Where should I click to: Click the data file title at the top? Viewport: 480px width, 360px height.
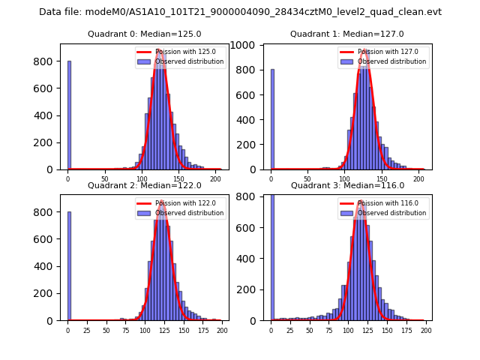240,12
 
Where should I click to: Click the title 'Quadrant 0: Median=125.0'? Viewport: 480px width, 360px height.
145,34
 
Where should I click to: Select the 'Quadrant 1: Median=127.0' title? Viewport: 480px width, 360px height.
347,34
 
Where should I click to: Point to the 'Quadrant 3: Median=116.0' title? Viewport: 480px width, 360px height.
347,185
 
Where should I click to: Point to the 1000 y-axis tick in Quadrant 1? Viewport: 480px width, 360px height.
250,45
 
